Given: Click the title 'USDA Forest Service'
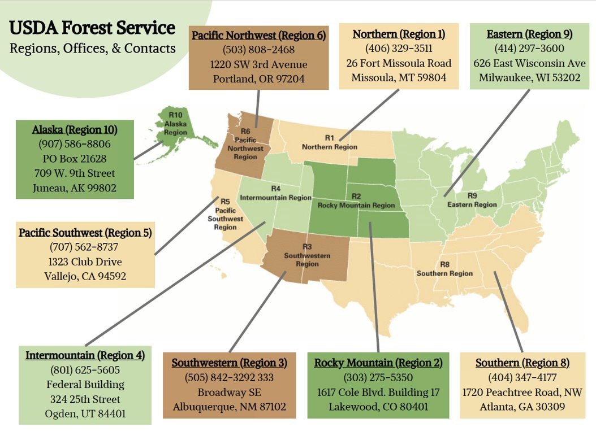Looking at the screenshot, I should (92, 27).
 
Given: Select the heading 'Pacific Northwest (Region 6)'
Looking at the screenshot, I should (258, 36).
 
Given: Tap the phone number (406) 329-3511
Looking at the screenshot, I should (399, 49).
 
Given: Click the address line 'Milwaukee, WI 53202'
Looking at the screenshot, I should (529, 78).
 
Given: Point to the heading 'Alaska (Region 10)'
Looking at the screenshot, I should (75, 130).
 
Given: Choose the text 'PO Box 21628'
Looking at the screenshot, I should (75, 159).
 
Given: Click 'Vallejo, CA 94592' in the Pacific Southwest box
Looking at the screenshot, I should (85, 276).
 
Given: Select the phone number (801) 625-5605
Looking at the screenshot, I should (85, 370).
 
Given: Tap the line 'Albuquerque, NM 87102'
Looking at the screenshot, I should (229, 407).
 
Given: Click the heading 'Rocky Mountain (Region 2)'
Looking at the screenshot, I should (378, 363).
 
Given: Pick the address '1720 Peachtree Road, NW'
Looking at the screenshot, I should (522, 392).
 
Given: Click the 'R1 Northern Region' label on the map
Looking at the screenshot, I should (330, 142).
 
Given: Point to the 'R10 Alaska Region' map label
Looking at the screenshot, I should (175, 124).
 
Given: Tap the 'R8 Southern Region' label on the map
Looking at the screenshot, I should (444, 269).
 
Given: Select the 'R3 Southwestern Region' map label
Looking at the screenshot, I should (307, 255).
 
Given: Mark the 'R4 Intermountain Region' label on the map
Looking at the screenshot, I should (275, 193).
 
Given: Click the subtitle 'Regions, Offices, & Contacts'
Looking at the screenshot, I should (92, 49).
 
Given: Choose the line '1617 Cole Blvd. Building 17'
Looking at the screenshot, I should (378, 392).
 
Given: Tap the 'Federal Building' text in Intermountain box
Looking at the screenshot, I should (85, 385).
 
